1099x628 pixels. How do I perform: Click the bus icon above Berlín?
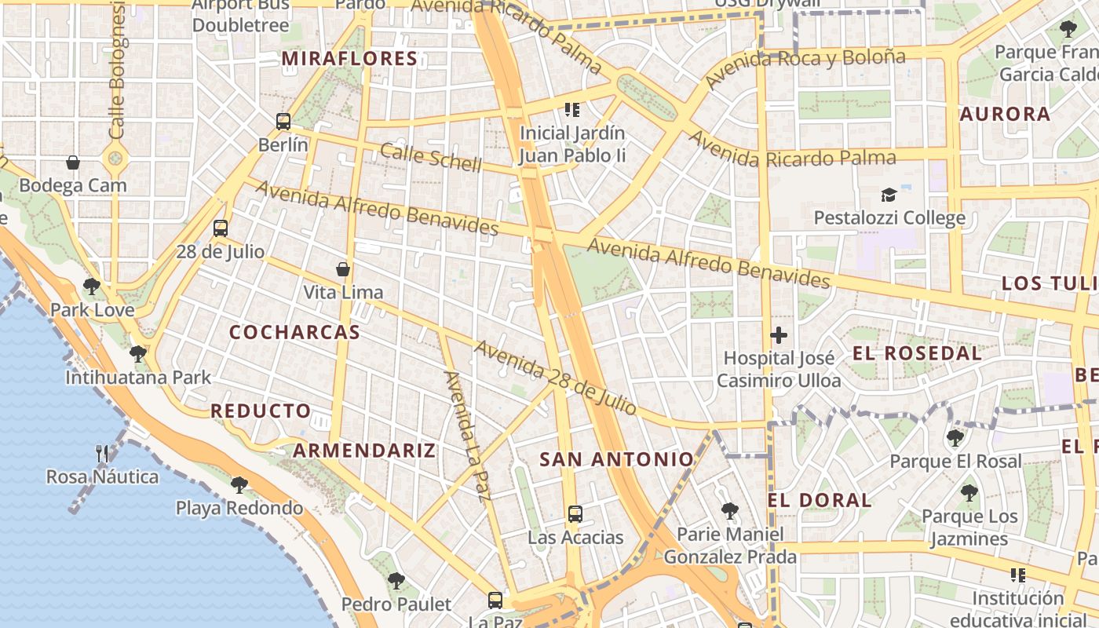point(283,122)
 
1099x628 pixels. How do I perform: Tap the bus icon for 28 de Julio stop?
point(221,228)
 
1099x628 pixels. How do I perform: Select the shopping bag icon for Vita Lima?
point(343,269)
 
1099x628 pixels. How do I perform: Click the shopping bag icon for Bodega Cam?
point(73,162)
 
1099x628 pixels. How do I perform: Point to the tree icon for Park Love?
point(92,286)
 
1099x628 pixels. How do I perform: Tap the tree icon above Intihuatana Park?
point(138,354)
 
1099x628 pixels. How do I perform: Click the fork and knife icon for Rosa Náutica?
point(102,453)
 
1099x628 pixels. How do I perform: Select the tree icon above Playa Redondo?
point(239,484)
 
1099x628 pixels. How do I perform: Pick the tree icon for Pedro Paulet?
point(396,581)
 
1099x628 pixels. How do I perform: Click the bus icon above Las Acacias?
point(575,514)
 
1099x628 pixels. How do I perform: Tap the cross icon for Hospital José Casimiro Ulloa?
point(779,335)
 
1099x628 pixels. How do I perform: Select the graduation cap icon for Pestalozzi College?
point(889,194)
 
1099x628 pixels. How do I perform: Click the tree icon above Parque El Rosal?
point(955,437)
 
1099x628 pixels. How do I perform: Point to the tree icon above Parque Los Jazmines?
point(969,493)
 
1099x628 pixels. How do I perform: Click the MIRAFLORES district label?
point(349,59)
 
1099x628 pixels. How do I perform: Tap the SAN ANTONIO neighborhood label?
point(617,460)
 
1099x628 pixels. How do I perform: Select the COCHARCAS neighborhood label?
point(294,332)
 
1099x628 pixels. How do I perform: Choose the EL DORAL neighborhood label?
point(820,500)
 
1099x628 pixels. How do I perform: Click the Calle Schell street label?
point(430,157)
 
